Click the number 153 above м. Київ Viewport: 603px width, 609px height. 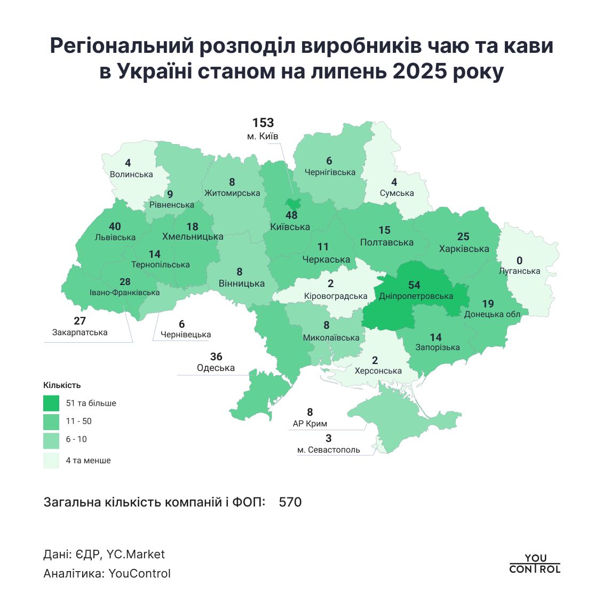(x=263, y=123)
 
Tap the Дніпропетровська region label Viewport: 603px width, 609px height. (x=416, y=296)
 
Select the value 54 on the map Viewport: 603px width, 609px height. (x=414, y=285)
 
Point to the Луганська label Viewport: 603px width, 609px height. (x=519, y=271)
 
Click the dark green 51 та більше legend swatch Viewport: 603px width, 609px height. (x=51, y=403)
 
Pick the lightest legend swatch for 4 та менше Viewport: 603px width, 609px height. (x=51, y=460)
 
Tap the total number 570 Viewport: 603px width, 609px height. (x=290, y=502)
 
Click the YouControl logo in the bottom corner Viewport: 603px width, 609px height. (x=535, y=564)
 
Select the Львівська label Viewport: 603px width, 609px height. (x=115, y=238)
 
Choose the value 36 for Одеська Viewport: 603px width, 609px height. (x=216, y=357)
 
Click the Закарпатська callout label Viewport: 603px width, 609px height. (x=80, y=333)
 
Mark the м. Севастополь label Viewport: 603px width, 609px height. (x=329, y=450)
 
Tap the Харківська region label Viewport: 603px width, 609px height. (x=464, y=249)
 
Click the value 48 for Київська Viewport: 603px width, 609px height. (x=291, y=216)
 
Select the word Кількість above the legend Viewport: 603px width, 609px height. (x=62, y=385)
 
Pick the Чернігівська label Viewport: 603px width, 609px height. (x=330, y=172)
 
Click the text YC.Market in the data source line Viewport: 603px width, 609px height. (x=136, y=555)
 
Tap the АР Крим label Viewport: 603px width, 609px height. (x=310, y=424)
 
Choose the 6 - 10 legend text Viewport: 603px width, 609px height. (x=76, y=439)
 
